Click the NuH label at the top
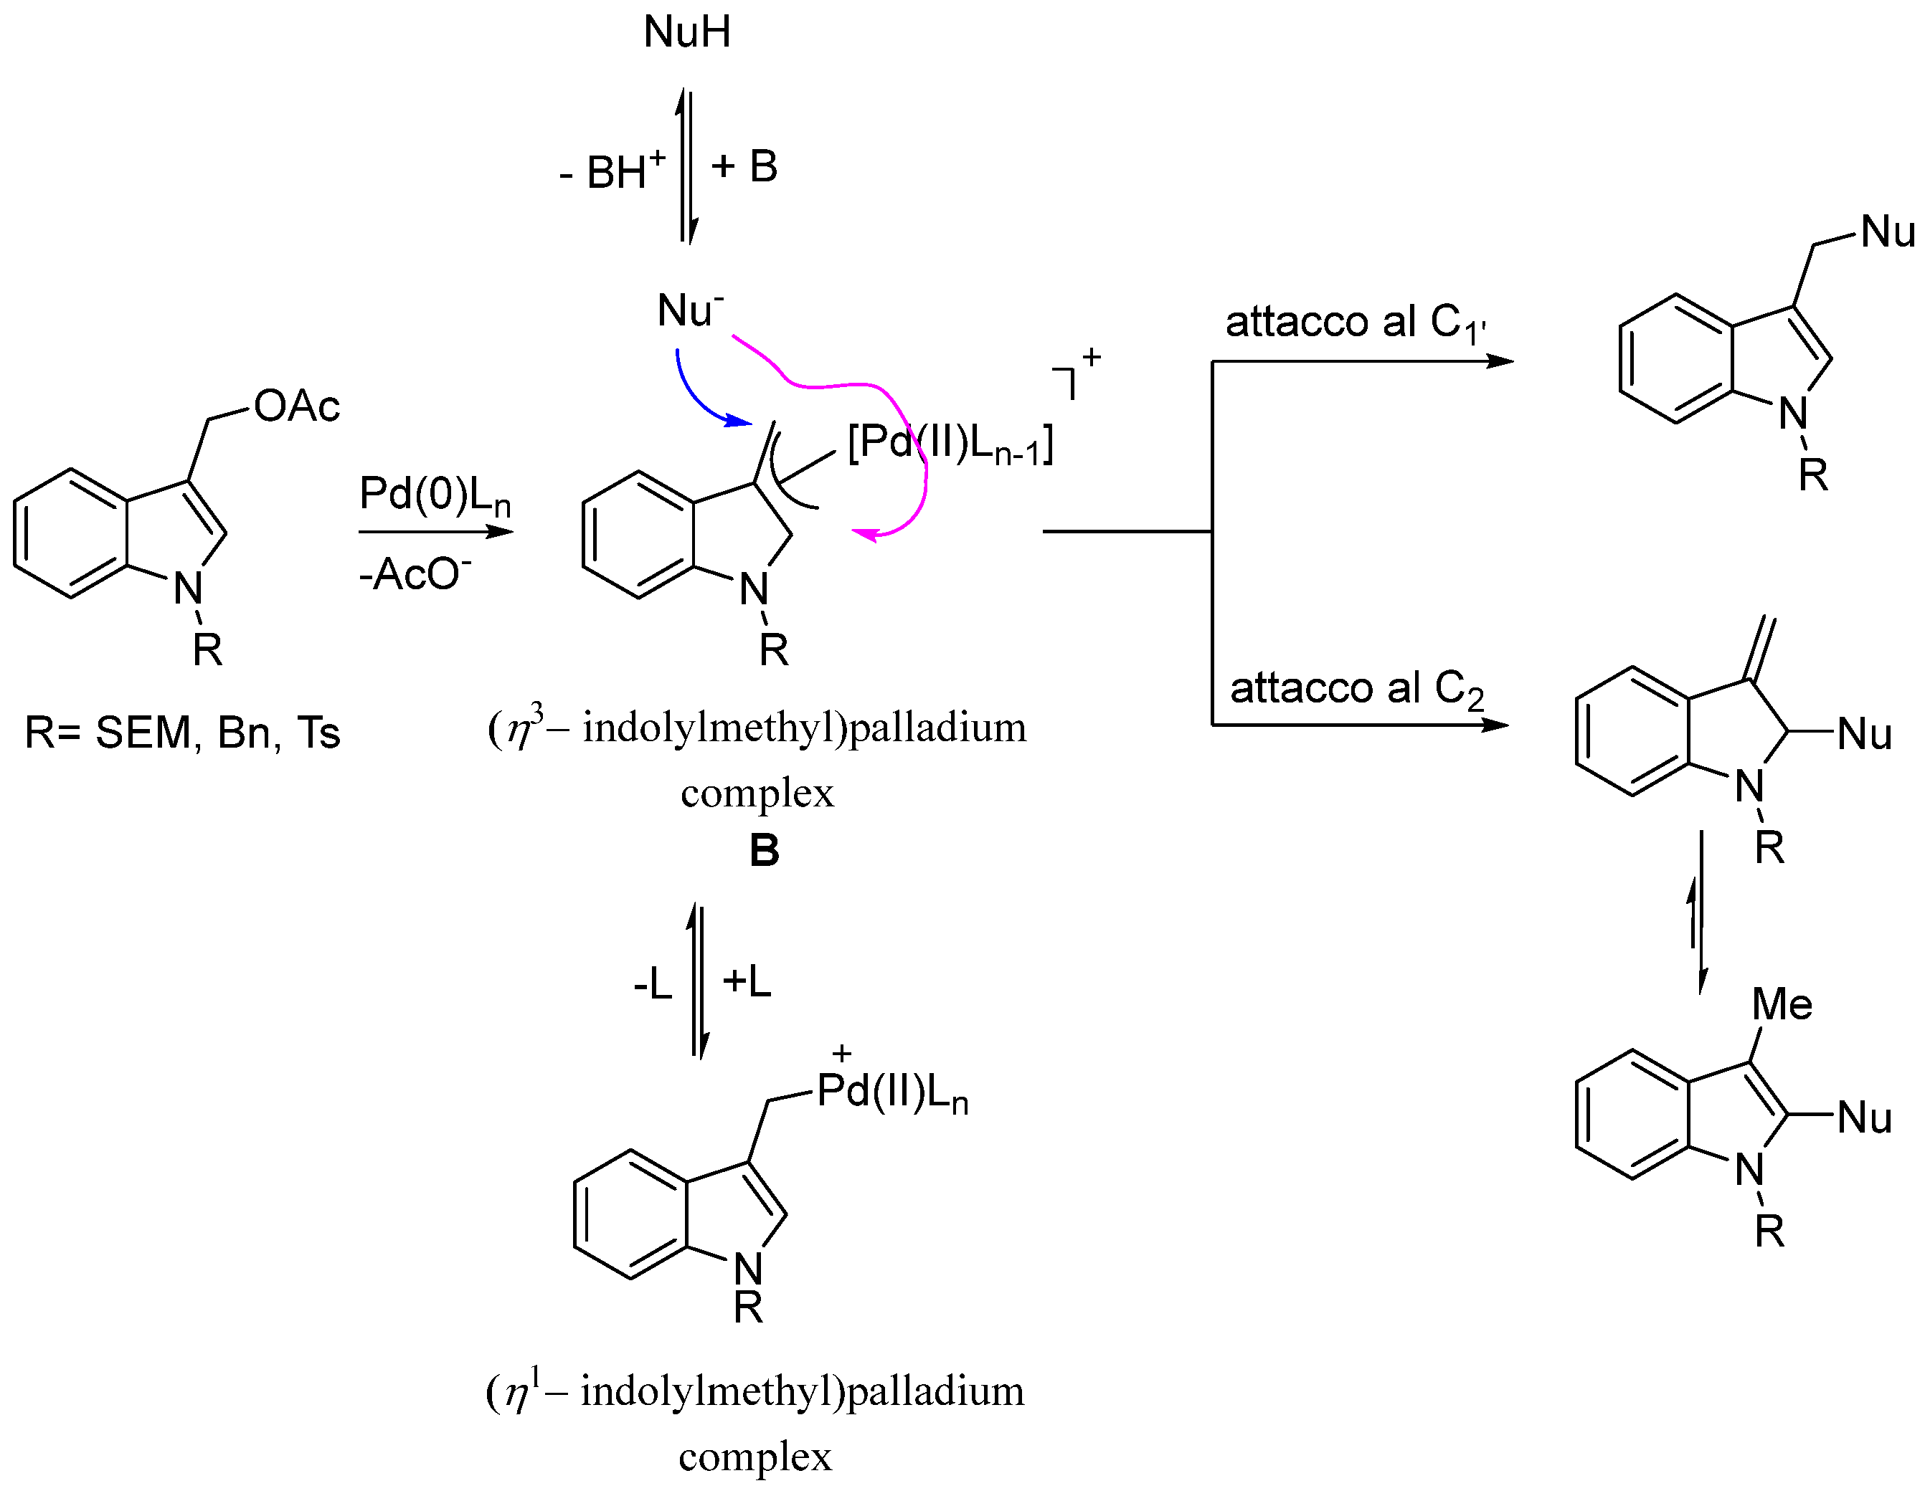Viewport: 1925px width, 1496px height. coord(686,32)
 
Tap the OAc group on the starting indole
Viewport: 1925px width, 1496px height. coord(296,407)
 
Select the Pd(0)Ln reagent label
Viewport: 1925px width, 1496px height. coord(435,495)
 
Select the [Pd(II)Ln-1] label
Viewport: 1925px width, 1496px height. coord(950,443)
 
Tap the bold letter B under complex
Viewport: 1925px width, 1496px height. coord(764,851)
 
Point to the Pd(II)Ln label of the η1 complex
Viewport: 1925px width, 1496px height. coord(892,1092)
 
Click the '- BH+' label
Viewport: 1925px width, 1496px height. coord(613,170)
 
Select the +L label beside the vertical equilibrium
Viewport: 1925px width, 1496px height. coord(747,981)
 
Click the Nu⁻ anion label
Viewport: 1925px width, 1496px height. coord(689,311)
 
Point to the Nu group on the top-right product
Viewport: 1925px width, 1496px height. coord(1887,232)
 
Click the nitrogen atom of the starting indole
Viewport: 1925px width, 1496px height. coord(188,589)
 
